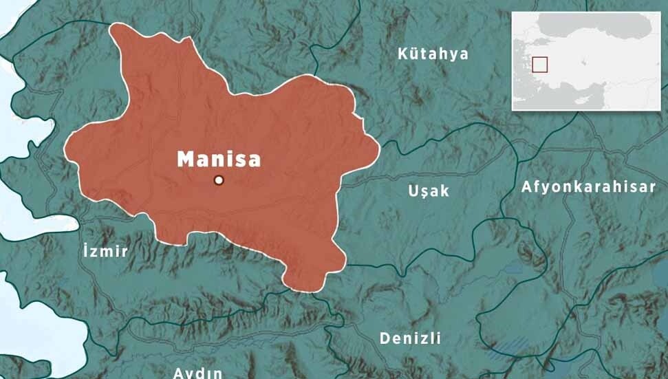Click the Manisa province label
[219, 159]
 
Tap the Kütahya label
[433, 54]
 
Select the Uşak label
[429, 191]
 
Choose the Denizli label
[410, 338]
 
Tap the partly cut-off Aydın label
[197, 373]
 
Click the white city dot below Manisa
[219, 180]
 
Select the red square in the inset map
[540, 64]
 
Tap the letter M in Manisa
[185, 159]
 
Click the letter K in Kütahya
[403, 54]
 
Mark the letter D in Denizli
[385, 338]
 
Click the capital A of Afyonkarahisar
[526, 186]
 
